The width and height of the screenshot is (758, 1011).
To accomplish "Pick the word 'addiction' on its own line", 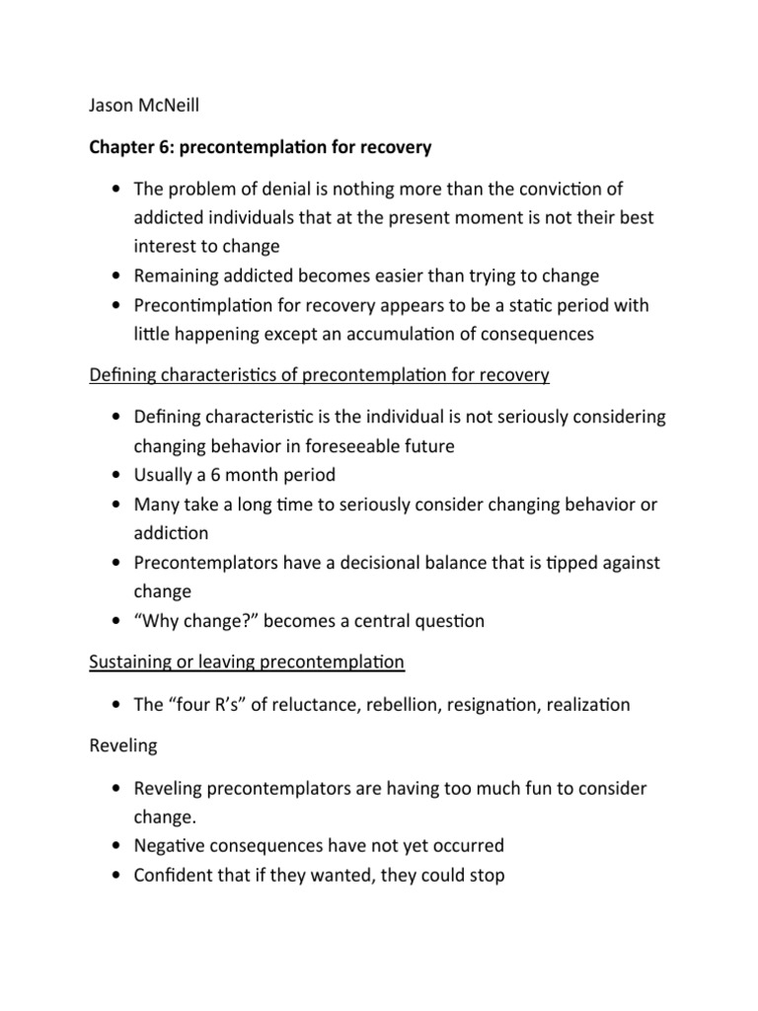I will [172, 533].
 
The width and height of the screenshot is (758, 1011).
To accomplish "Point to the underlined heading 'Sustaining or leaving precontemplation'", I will [247, 661].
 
